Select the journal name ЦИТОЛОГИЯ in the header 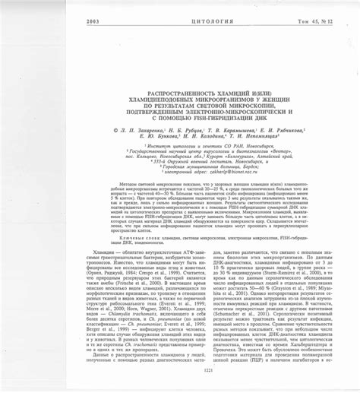(x=180, y=21)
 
